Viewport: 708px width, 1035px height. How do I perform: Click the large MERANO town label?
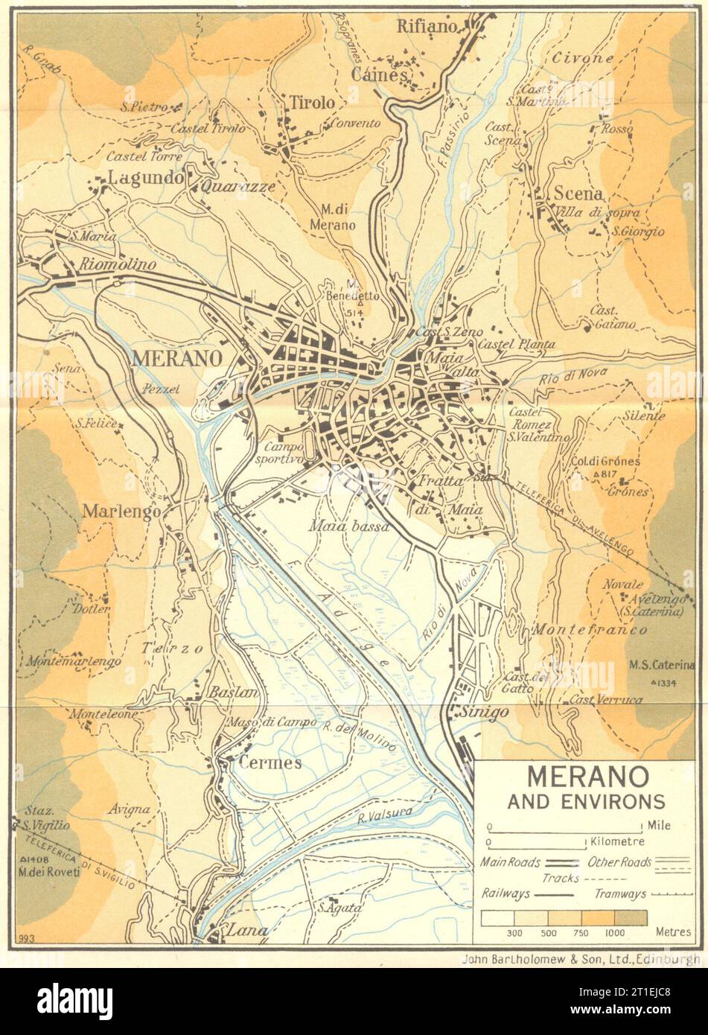[176, 359]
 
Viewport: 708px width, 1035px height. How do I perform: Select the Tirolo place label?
[312, 103]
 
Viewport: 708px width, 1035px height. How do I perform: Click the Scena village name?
[577, 194]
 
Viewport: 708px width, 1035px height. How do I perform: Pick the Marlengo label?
[113, 512]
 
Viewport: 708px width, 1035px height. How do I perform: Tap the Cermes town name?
[270, 762]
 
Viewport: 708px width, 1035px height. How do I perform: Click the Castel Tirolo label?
[208, 129]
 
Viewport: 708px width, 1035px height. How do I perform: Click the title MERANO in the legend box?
[577, 777]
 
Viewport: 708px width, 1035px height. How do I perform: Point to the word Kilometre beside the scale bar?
[617, 842]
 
